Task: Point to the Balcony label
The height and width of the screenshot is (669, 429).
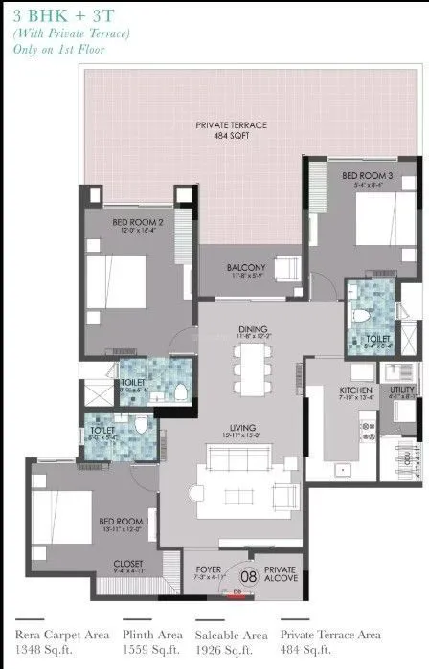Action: [246, 269]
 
